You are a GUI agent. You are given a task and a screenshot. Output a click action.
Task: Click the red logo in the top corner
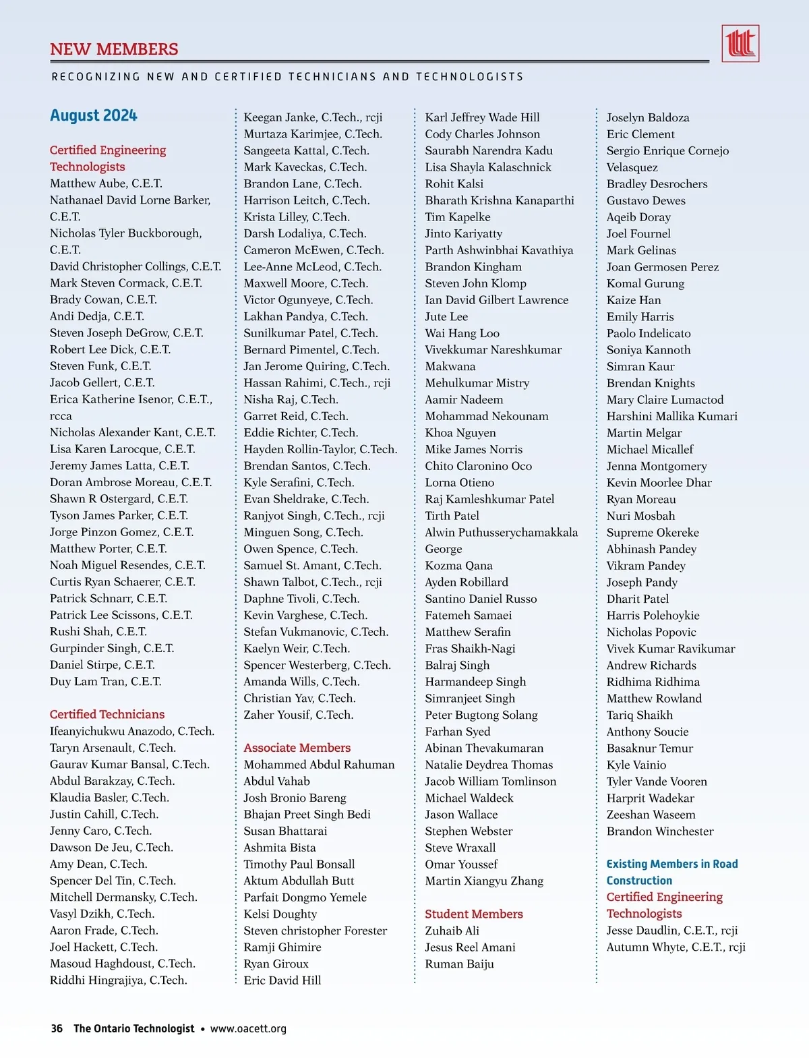(740, 44)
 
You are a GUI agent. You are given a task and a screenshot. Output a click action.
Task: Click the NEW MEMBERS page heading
(114, 49)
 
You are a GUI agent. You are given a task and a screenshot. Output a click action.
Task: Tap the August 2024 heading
(93, 116)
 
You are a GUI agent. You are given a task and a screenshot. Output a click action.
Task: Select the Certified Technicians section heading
(107, 714)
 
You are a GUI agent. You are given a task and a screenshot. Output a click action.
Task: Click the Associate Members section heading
(297, 748)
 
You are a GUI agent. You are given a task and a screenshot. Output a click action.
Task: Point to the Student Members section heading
(473, 914)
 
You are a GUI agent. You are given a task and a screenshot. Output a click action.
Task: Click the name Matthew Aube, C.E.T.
(106, 183)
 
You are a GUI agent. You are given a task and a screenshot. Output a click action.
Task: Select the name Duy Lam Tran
(105, 681)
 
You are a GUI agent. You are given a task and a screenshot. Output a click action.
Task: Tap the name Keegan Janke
(312, 117)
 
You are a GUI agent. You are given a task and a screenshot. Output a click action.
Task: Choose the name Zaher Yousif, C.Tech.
(298, 715)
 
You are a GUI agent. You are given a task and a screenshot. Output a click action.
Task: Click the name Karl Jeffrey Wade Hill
(482, 117)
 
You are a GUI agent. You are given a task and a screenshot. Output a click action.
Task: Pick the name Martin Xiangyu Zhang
(483, 881)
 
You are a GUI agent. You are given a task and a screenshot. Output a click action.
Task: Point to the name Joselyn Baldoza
(647, 117)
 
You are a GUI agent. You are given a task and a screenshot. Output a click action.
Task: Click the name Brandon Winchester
(659, 831)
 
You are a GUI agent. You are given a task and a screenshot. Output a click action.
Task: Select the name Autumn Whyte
(676, 947)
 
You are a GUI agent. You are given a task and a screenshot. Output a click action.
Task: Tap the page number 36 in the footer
(57, 1028)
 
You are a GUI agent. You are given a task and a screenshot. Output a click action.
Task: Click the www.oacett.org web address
(248, 1028)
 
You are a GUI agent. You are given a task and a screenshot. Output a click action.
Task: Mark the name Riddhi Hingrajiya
(118, 980)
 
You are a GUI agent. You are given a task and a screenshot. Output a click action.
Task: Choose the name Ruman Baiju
(459, 964)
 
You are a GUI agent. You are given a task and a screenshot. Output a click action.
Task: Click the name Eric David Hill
(282, 980)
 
